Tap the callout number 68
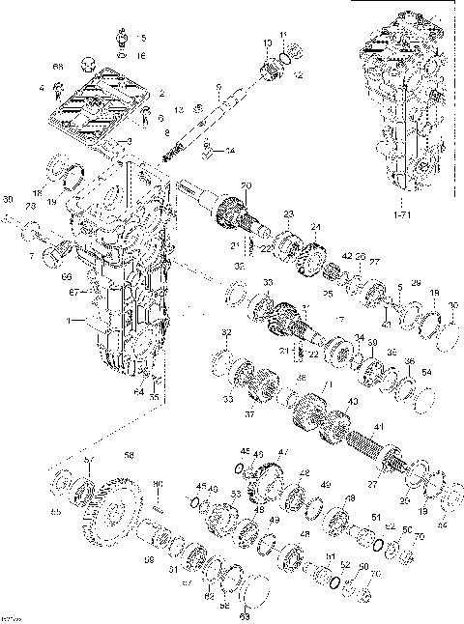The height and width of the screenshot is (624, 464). pos(58,66)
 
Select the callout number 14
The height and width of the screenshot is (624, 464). pos(229,152)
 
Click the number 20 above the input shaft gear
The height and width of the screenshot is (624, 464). pos(246,185)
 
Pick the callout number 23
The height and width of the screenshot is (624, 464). pos(287,213)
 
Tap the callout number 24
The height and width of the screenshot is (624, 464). pos(314,228)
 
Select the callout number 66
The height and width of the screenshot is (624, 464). pos(67,276)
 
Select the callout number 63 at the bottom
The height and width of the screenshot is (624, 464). pos(245,613)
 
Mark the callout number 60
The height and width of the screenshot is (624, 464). pos(158,484)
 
